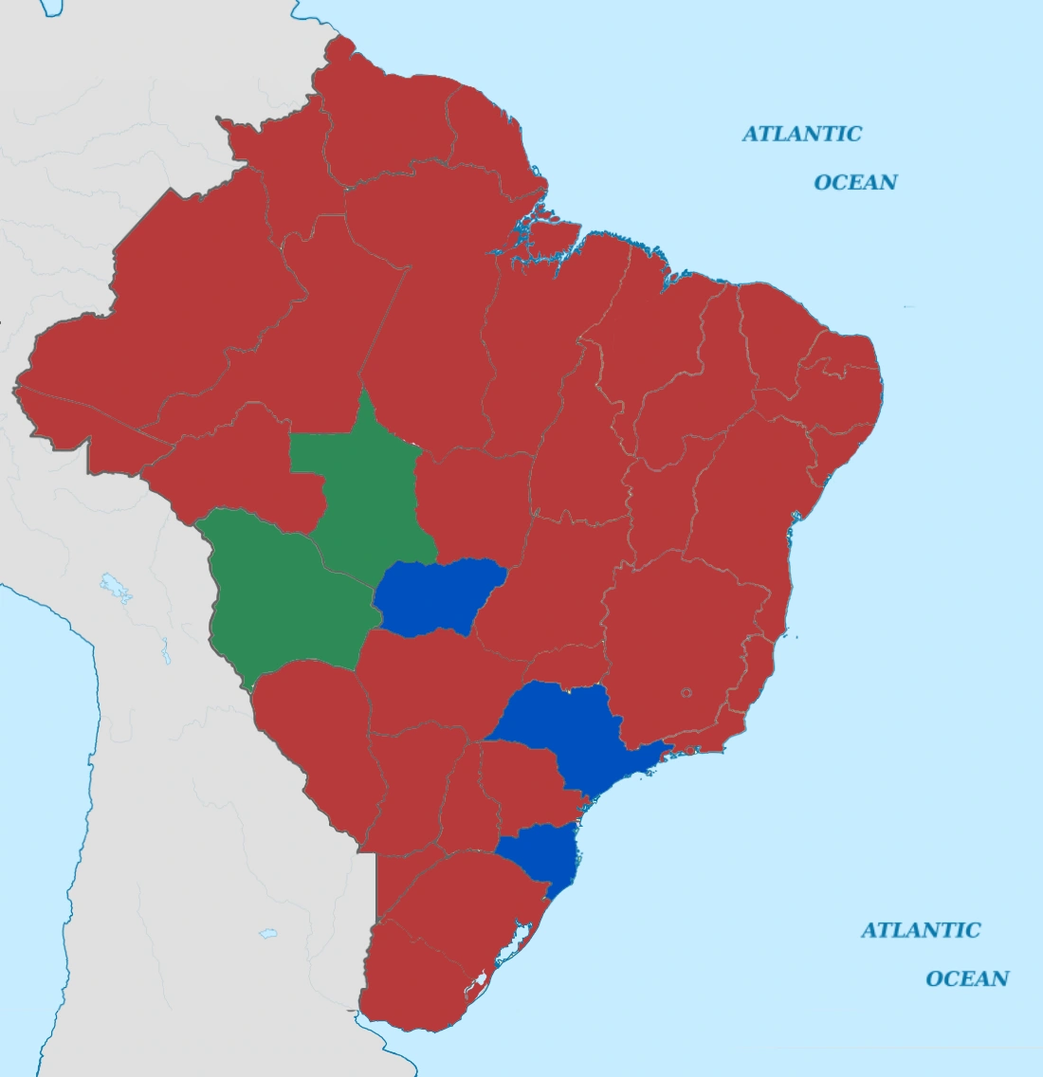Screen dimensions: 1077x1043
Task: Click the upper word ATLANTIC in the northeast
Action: (801, 134)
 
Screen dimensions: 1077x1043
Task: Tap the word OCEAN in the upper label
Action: (855, 182)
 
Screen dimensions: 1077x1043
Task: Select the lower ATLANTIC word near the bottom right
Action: (921, 930)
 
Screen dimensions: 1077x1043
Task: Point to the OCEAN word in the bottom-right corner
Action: (967, 978)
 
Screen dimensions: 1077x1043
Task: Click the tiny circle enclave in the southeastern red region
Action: (686, 693)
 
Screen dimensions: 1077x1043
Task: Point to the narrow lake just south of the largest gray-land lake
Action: (165, 652)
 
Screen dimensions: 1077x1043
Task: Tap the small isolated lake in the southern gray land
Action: (268, 934)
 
